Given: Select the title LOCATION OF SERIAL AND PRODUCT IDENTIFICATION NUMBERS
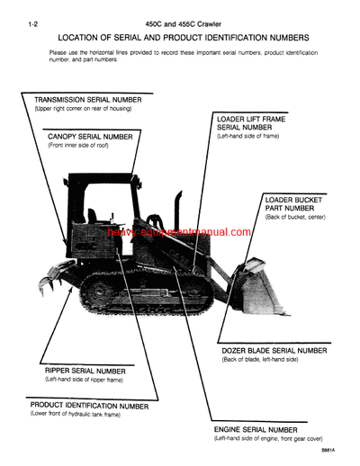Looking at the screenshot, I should click(x=183, y=38).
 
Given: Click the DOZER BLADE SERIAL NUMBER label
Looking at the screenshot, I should click(x=274, y=350).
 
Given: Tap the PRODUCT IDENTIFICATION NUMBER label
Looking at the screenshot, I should click(x=89, y=406).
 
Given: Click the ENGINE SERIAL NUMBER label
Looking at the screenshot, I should click(x=256, y=429).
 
